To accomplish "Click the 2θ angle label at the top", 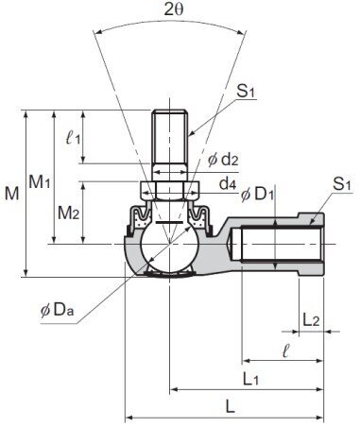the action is coord(173,9).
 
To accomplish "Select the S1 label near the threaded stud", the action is coord(246,92).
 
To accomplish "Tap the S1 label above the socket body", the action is coord(341,184).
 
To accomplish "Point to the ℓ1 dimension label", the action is coord(74,138).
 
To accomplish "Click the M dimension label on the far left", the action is coord(12,194).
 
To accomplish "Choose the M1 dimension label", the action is coord(40,182).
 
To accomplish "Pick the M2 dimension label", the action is coord(68,213).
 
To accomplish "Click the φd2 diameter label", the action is coord(223,161).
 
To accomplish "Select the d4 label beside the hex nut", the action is coord(228,183).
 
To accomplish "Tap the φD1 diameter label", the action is coord(258,195).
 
